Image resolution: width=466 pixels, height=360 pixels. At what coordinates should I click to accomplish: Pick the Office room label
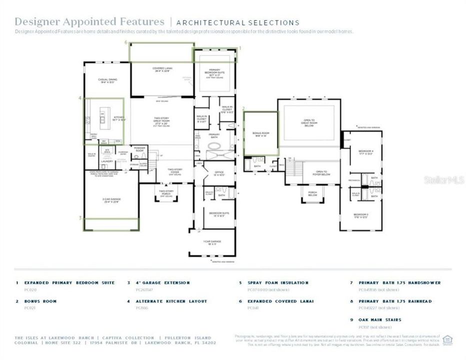[x=219, y=174]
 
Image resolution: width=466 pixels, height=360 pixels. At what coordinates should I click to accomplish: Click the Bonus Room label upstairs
[x=260, y=133]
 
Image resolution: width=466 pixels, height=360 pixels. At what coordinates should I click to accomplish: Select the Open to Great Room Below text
[x=308, y=123]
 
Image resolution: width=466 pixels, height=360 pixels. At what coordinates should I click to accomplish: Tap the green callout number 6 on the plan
[x=126, y=43]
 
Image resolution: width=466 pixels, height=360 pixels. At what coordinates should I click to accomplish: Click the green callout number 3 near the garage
[x=80, y=218]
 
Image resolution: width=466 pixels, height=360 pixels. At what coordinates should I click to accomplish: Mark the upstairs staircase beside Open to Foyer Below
[x=294, y=167]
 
